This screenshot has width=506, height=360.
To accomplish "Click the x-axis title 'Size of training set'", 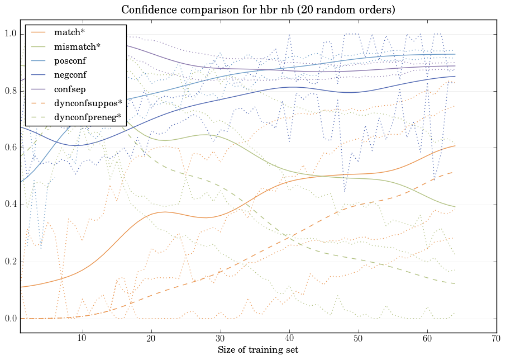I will tap(257, 350).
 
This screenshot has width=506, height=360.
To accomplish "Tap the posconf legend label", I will tap(70, 60).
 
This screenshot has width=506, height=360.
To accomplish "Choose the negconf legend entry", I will tap(70, 74).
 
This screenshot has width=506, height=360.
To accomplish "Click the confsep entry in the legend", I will tap(69, 88).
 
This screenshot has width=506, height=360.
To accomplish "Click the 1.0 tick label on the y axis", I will tap(11, 34).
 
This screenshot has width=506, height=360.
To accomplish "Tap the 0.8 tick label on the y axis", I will tap(11, 91).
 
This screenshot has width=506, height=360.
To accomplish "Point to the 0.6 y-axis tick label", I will tap(11, 148).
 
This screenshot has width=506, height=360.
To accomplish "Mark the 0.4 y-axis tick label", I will tap(11, 205).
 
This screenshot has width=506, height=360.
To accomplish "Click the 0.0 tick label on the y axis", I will tap(11, 319).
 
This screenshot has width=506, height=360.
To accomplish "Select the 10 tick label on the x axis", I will tap(82, 338).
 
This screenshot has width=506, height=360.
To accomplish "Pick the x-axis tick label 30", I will tap(220, 338).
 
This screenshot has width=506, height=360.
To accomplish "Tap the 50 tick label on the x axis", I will tap(358, 338).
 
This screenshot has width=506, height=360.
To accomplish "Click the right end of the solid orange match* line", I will tap(455, 146).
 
